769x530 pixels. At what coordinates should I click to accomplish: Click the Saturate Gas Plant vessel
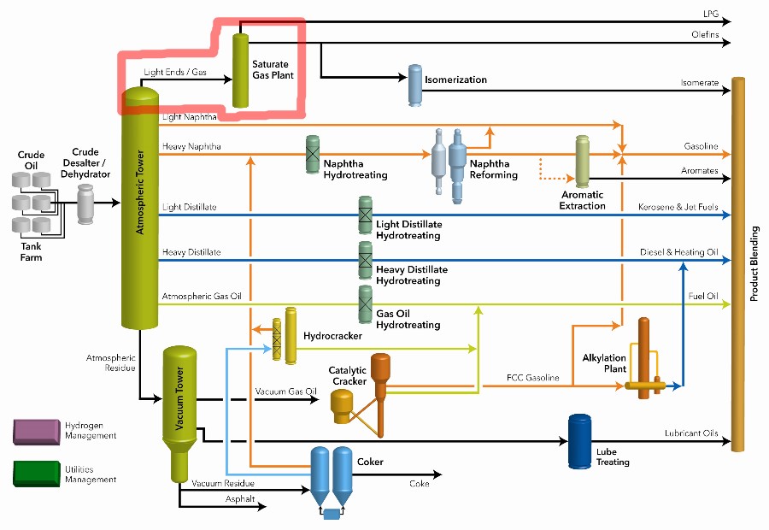(240, 70)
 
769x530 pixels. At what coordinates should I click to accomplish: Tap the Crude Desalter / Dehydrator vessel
(85, 203)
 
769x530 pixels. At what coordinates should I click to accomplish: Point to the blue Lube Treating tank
(580, 441)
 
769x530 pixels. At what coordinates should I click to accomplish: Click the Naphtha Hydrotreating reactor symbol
(314, 155)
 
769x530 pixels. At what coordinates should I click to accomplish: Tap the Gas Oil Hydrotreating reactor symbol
(365, 303)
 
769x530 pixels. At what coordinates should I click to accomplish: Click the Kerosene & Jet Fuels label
(678, 208)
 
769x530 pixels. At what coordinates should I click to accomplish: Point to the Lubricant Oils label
(691, 433)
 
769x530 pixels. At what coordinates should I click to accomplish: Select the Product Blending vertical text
(754, 264)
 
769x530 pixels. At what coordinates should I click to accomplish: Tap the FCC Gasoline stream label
(535, 377)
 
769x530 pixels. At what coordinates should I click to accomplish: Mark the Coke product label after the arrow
(420, 483)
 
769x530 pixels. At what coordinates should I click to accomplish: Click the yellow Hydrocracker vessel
(291, 340)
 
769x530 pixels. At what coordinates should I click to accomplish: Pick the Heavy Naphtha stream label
(191, 147)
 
